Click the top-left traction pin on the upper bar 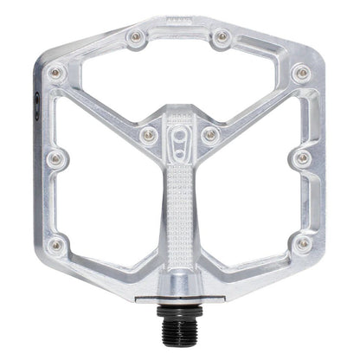pos(135,37)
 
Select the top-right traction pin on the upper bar pos(222,37)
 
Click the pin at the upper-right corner pos(301,74)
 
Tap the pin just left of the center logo pos(149,134)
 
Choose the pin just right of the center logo pos(210,134)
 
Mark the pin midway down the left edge pos(55,158)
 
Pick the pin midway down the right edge pos(303,158)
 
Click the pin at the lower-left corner pos(57,245)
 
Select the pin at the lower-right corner pos(302,245)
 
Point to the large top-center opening pos(179,78)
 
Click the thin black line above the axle pos(180,303)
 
